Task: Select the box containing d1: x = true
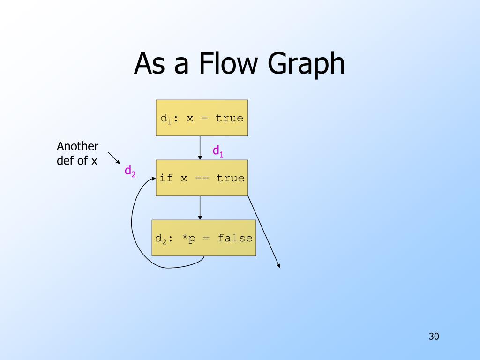point(202,118)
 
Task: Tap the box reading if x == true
point(202,178)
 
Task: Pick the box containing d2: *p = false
point(204,238)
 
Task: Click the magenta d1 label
point(218,151)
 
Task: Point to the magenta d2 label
point(130,171)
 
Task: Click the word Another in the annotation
point(78,146)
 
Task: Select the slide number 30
point(434,336)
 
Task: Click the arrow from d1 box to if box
point(200,148)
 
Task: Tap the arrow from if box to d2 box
point(200,208)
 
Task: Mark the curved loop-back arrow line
point(133,225)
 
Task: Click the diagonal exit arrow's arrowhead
point(279,266)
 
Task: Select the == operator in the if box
point(202,178)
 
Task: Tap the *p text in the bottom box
point(189,238)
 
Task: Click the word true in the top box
point(229,118)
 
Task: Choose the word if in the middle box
point(166,178)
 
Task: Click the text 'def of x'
point(77,160)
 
